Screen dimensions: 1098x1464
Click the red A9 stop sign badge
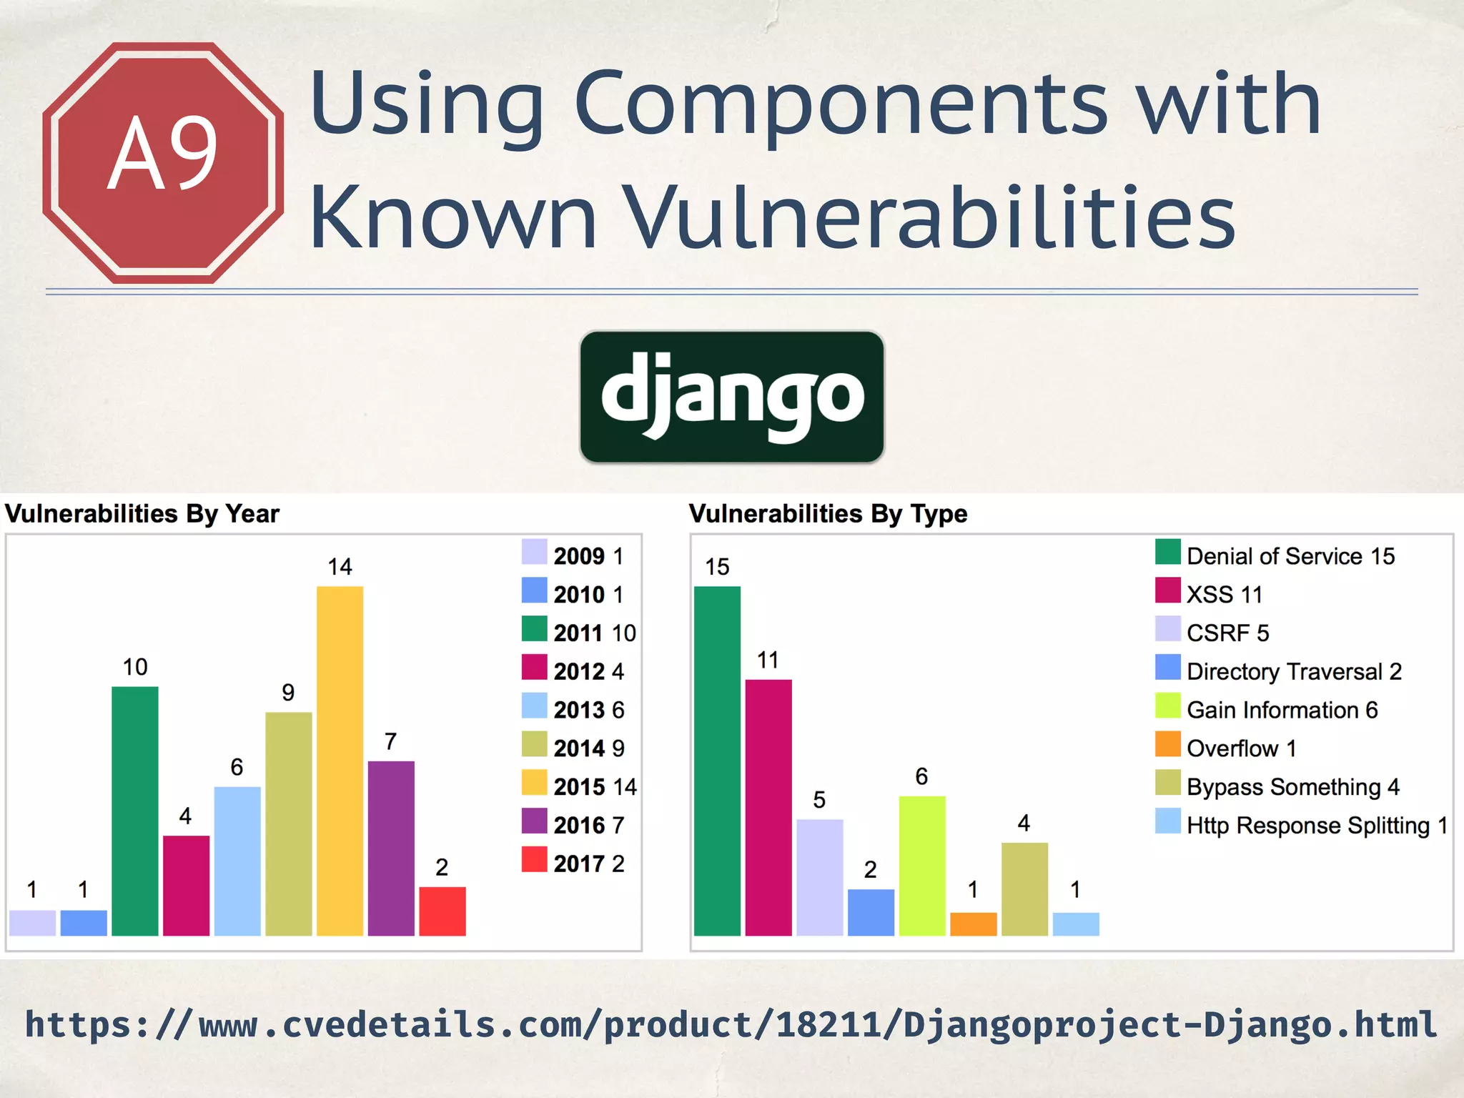click(x=163, y=162)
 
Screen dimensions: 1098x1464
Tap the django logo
click(x=732, y=397)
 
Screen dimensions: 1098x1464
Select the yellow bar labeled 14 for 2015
click(x=340, y=761)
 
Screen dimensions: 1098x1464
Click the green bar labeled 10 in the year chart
click(x=135, y=811)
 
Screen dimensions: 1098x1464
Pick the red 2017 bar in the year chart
click(x=442, y=911)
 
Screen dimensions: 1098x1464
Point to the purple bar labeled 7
click(x=391, y=848)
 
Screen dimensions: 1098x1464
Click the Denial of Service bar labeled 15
click(x=717, y=761)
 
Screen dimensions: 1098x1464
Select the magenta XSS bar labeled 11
click(x=768, y=807)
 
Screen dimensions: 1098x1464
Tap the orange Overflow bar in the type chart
click(x=973, y=924)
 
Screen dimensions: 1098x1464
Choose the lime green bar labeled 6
click(x=922, y=865)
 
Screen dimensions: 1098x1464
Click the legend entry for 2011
click(x=580, y=632)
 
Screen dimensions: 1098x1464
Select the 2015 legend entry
click(x=580, y=786)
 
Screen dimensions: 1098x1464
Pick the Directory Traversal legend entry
click(x=1279, y=671)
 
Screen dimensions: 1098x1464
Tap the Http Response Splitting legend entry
click(x=1302, y=824)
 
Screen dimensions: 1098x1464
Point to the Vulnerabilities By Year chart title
click(x=142, y=513)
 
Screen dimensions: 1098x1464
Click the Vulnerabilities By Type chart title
click(x=828, y=513)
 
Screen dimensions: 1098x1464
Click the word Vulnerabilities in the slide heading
click(x=929, y=217)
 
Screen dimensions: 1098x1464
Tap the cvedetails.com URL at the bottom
click(x=731, y=1024)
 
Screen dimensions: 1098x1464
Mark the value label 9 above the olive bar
click(x=288, y=692)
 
